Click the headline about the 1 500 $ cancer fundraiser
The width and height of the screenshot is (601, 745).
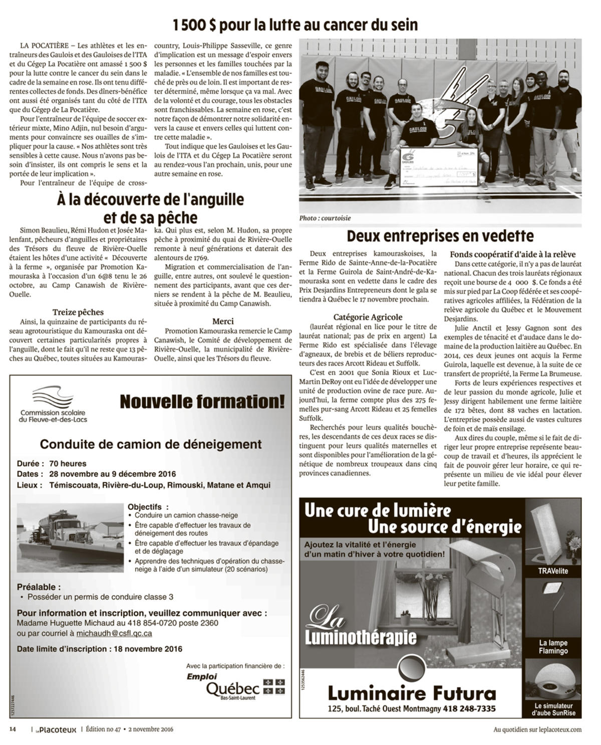295,25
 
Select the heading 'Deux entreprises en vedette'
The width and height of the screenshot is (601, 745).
440,236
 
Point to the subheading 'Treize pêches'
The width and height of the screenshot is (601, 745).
78,312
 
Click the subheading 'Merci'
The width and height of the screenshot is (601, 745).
223,321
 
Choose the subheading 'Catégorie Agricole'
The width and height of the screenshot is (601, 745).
368,317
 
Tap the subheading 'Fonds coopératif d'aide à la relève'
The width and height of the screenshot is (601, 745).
512,254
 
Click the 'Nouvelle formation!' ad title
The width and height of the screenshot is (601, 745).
202,402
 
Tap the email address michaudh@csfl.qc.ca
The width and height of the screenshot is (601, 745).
114,633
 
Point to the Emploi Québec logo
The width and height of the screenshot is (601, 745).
235,685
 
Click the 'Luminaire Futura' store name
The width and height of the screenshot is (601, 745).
412,693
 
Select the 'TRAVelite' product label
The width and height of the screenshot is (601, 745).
552,571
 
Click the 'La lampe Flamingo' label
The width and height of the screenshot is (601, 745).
553,647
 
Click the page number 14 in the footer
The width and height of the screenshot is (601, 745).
13,729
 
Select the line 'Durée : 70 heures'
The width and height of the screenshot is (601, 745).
52,463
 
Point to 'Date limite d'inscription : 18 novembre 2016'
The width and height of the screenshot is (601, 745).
99,649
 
